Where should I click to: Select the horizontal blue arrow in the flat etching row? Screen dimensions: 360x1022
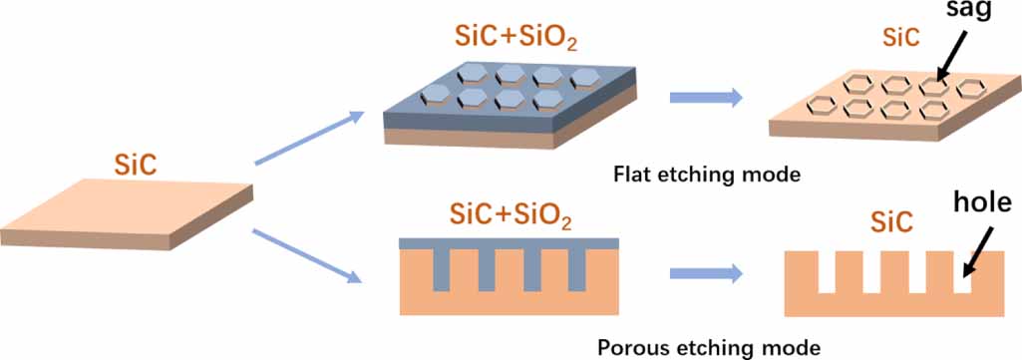tap(706, 97)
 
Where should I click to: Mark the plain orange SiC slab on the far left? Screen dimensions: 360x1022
tap(130, 211)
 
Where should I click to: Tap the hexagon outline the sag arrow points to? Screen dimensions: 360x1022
tap(934, 86)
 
